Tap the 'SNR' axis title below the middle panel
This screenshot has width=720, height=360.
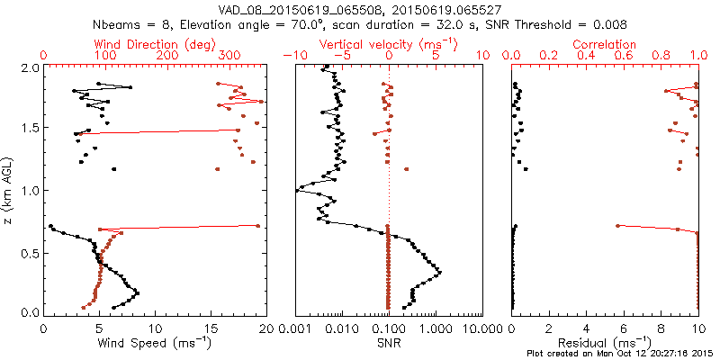388,343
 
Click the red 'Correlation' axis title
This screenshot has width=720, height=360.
605,44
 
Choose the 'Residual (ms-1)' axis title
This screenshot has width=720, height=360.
605,343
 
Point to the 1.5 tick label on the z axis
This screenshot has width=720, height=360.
30,129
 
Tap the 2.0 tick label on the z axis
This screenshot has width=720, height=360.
30,67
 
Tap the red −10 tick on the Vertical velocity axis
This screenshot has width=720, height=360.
292,55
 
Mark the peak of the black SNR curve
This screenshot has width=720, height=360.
439,271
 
